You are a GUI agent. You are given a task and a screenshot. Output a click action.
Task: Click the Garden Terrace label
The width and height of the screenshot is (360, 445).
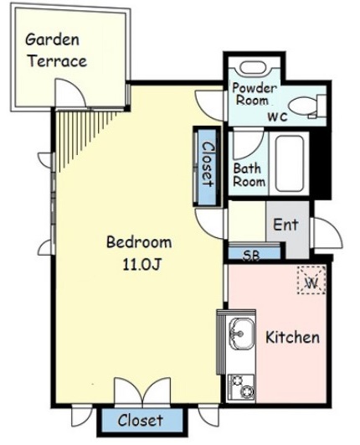[x=56, y=50]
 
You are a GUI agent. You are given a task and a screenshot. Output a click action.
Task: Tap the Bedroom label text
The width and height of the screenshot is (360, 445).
[x=139, y=243]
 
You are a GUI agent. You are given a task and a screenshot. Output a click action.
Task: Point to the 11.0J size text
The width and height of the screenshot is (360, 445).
[x=141, y=265]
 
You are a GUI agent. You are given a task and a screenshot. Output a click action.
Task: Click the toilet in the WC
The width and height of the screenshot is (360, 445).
[x=307, y=106]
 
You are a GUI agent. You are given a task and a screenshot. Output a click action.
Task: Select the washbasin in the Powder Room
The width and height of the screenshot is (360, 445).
[x=253, y=68]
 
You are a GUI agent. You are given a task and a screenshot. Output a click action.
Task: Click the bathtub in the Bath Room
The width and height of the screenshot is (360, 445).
[x=290, y=163]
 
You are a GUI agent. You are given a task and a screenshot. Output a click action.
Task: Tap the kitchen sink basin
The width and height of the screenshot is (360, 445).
[x=241, y=334]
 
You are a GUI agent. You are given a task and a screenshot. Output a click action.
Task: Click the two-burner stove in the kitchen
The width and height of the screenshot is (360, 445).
[x=241, y=387]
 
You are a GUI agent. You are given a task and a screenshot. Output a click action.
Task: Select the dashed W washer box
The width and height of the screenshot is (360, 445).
[x=311, y=281]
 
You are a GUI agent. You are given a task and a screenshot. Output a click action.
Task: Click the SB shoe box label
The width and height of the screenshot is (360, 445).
[x=252, y=255]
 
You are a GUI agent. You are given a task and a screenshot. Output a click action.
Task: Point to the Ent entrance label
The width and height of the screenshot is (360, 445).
[x=285, y=225]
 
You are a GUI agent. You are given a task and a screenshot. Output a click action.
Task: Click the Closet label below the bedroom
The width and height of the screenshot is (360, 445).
[x=141, y=420]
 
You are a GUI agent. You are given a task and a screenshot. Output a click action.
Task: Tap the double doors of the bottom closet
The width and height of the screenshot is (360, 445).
[x=142, y=391]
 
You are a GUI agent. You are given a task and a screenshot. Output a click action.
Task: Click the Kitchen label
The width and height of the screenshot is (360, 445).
[x=292, y=337]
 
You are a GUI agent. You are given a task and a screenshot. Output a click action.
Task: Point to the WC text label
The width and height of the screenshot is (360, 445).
[x=278, y=117]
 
